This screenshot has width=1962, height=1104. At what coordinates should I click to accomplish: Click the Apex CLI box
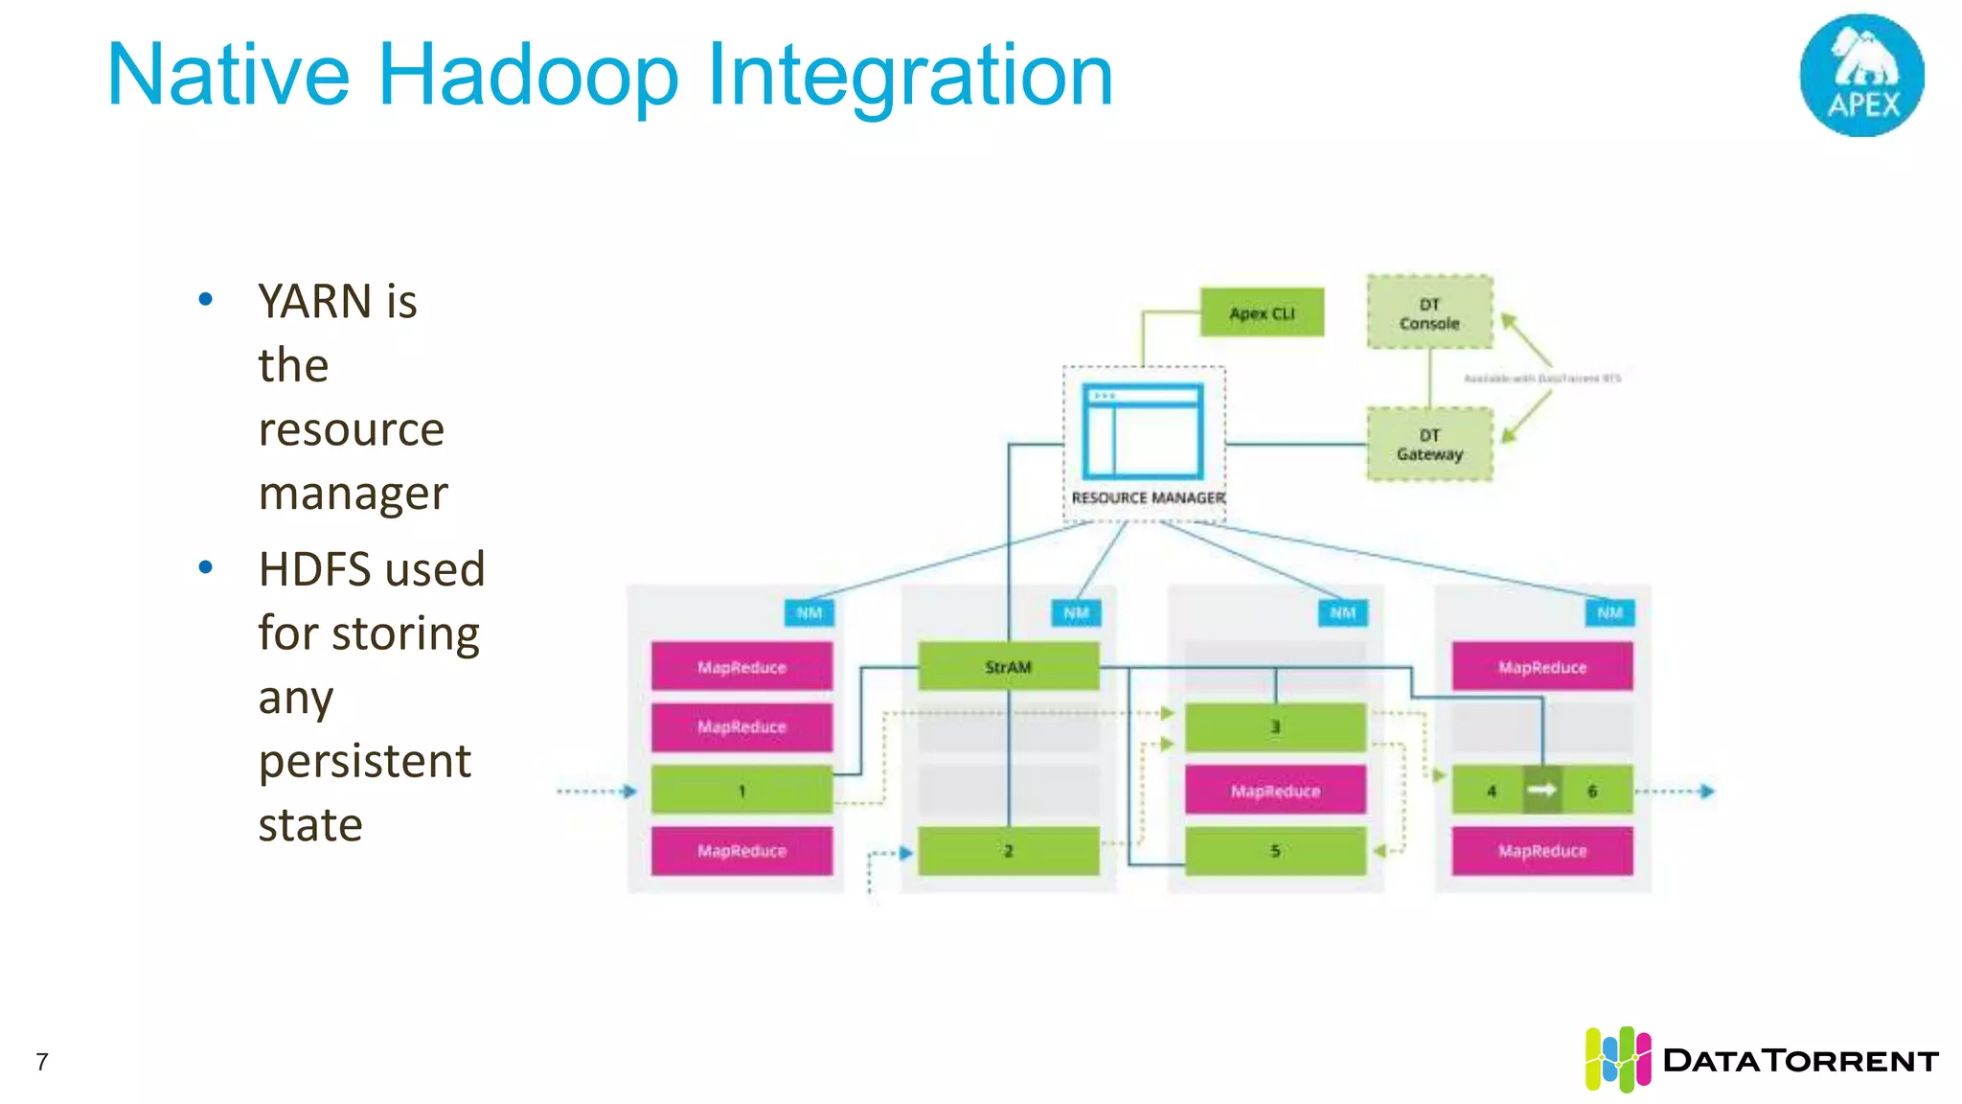tap(1262, 312)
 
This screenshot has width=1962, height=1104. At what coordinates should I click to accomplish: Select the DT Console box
tap(1429, 312)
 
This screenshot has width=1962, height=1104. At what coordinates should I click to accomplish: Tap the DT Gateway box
tap(1429, 445)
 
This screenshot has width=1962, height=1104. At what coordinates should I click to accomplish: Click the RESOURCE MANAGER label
tap(1148, 498)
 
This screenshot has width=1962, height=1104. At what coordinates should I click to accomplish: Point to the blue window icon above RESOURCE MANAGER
tap(1142, 431)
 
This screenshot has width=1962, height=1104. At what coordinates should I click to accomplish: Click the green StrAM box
tap(1008, 667)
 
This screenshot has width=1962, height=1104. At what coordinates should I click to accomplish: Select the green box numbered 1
tap(741, 791)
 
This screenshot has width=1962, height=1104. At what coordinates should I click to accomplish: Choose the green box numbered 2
tap(1008, 851)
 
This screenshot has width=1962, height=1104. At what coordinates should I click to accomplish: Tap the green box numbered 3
tap(1275, 727)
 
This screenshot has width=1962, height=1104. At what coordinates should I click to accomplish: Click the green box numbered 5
tap(1275, 851)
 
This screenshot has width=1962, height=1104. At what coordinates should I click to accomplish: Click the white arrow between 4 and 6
tap(1541, 790)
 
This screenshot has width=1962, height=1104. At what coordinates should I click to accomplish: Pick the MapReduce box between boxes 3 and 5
tap(1275, 791)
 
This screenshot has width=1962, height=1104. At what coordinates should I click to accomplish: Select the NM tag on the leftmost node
tap(809, 613)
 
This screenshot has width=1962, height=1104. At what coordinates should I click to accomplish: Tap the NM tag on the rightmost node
tap(1609, 613)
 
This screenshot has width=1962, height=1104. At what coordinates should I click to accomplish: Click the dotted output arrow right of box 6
tap(1677, 792)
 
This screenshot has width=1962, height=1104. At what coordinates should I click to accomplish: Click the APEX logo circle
tap(1861, 76)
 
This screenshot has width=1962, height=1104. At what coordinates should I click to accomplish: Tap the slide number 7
tap(42, 1062)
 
